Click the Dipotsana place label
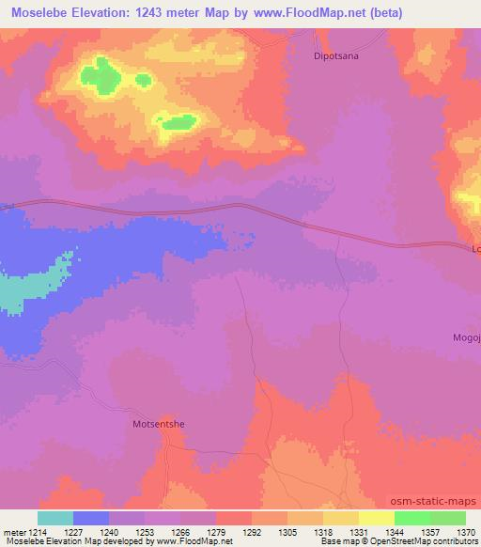(x=336, y=56)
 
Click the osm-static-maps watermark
(x=435, y=502)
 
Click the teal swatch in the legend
(x=55, y=518)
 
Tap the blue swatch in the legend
(x=91, y=518)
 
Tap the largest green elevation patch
(x=100, y=74)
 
